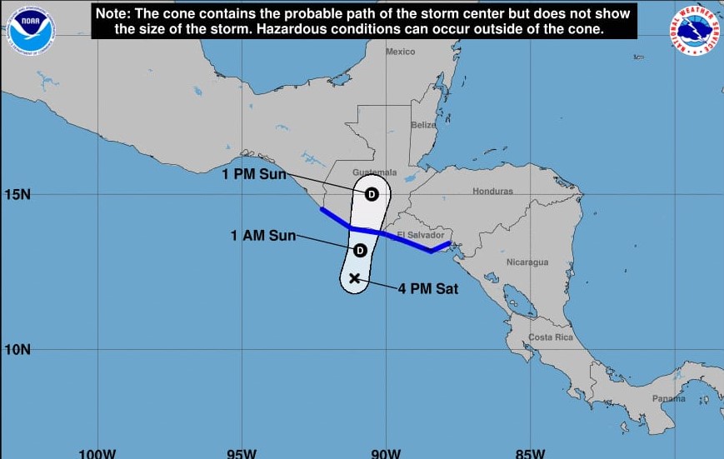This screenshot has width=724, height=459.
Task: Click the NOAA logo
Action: pyautogui.click(x=31, y=31)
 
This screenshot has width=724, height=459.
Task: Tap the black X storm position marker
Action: pyautogui.click(x=355, y=278)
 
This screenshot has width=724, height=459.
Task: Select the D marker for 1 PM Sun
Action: pyautogui.click(x=372, y=193)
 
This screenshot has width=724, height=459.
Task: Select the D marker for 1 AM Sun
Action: pyautogui.click(x=361, y=250)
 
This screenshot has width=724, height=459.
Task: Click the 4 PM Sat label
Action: pyautogui.click(x=427, y=289)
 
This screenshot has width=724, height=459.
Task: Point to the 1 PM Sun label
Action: pyautogui.click(x=253, y=174)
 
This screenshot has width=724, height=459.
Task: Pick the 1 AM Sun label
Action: pyautogui.click(x=263, y=236)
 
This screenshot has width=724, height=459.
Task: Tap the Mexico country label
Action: pyautogui.click(x=400, y=52)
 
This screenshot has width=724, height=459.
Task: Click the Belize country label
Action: pyautogui.click(x=423, y=125)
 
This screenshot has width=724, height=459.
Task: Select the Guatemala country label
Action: pyautogui.click(x=374, y=172)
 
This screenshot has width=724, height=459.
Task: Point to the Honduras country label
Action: pyautogui.click(x=492, y=191)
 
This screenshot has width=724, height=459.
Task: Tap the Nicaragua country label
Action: pyautogui.click(x=527, y=262)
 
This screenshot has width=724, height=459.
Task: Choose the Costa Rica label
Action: pyautogui.click(x=551, y=337)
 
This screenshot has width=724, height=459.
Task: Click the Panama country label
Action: pyautogui.click(x=669, y=398)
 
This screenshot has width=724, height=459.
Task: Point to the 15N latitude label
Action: pyautogui.click(x=17, y=194)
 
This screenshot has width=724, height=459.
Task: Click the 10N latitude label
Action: pyautogui.click(x=17, y=349)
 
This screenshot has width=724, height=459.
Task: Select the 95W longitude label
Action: pyautogui.click(x=242, y=453)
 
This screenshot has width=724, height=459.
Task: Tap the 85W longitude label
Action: pyautogui.click(x=530, y=453)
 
